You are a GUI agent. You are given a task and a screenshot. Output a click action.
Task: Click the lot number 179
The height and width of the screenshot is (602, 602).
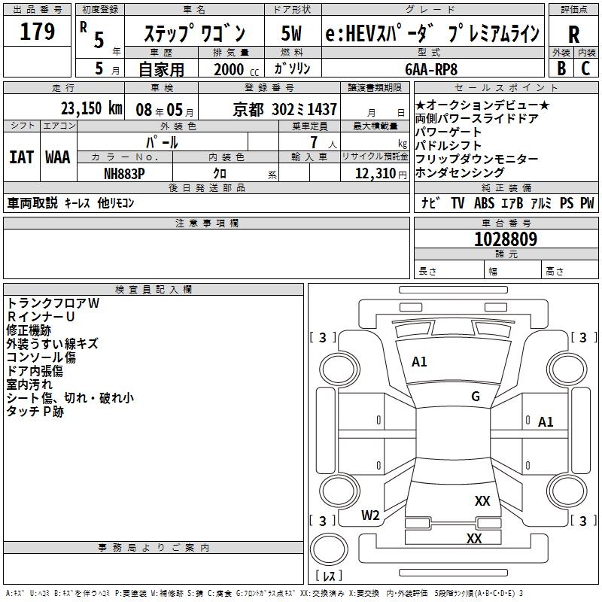[x=38, y=32]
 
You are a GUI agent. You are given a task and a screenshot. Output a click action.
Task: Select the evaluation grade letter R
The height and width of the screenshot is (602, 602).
[x=573, y=35]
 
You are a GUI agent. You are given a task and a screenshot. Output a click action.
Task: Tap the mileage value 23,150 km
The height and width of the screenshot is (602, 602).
[x=87, y=108]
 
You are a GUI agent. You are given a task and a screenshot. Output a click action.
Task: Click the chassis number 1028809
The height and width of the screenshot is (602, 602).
[x=506, y=239]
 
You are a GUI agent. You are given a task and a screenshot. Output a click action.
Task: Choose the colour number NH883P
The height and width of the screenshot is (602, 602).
[x=123, y=173]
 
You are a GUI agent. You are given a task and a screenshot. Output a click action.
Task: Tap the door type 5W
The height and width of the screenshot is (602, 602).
[x=291, y=34]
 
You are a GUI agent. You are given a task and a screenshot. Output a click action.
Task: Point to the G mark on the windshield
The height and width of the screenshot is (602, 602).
[x=476, y=397]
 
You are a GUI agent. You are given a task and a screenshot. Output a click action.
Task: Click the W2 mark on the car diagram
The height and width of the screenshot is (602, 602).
[x=370, y=515]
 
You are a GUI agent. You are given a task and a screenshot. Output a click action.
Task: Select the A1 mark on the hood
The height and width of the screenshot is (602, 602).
[x=419, y=362]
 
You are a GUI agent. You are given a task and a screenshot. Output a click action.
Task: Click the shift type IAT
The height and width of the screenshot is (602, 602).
[x=21, y=157]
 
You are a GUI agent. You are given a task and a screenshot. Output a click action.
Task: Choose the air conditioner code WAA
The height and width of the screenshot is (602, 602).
[x=57, y=157]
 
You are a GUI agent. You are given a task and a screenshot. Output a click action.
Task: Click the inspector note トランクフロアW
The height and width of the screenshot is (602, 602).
[x=53, y=303]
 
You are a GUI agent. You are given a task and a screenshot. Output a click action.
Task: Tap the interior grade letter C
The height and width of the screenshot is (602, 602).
[x=585, y=68]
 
